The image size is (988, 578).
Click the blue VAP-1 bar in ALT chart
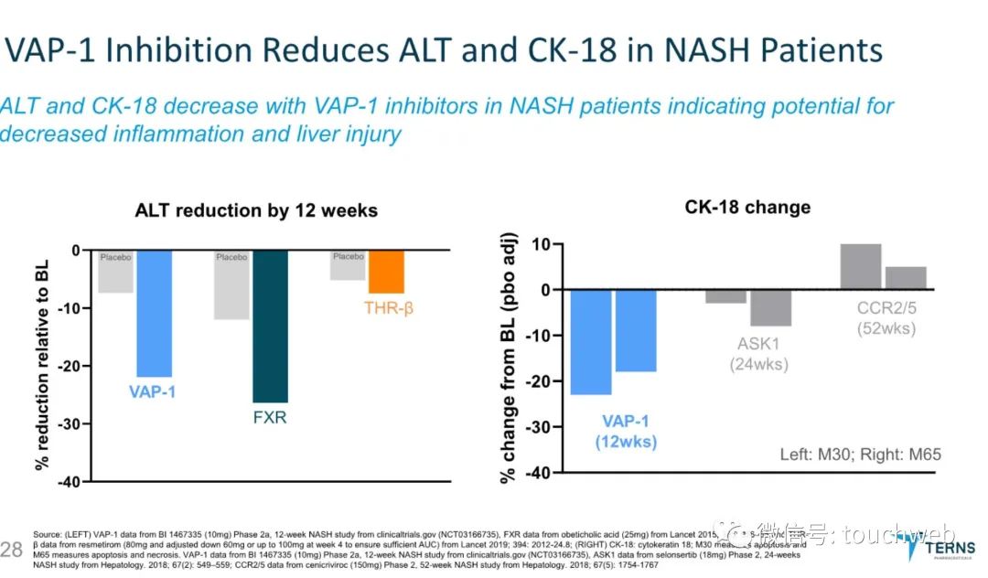(154, 313)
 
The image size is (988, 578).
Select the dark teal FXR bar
(270, 326)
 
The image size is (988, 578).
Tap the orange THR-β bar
(386, 272)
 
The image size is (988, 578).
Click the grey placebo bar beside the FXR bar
(231, 284)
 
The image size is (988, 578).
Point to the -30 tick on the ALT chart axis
(66, 423)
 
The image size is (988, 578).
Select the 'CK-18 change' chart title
(747, 208)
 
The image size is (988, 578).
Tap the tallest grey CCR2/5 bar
(861, 266)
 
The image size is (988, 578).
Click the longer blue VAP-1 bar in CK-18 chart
(591, 342)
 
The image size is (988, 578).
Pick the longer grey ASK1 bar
(771, 307)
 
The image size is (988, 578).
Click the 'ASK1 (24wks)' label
(758, 355)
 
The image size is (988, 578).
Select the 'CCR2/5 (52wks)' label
(886, 319)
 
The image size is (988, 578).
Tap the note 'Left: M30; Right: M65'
(860, 454)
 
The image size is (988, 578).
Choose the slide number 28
(12, 548)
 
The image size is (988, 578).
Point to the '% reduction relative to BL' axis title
(41, 364)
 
